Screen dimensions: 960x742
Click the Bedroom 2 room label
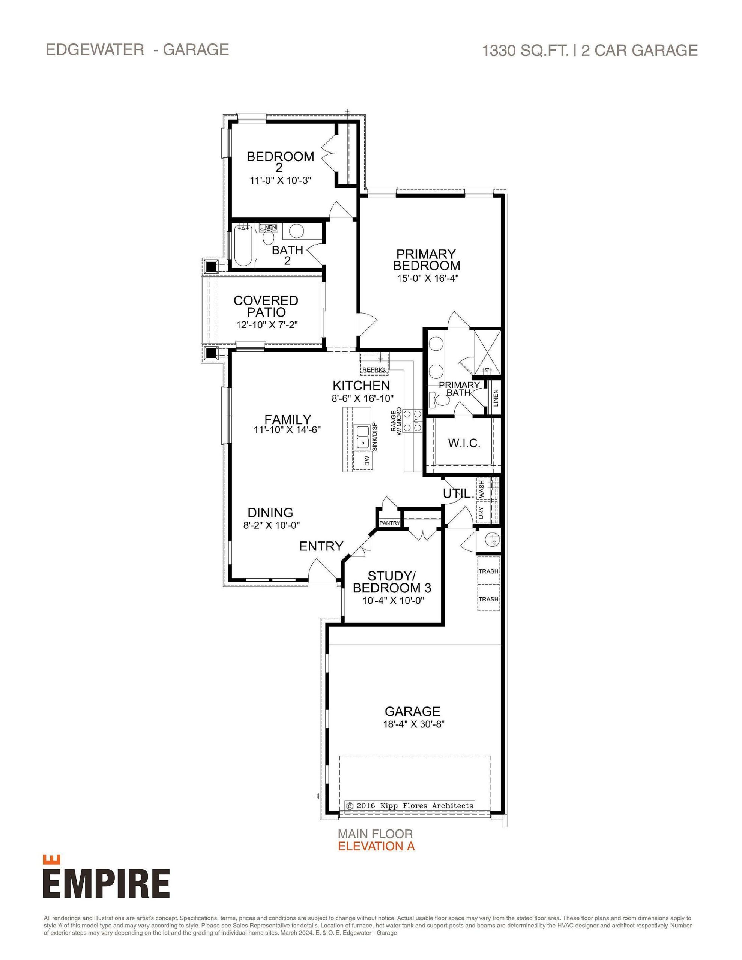tap(280, 161)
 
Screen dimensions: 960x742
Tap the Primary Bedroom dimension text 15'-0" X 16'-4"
tap(428, 278)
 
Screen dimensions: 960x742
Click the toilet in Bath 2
tap(268, 237)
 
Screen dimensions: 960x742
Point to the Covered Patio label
tap(266, 306)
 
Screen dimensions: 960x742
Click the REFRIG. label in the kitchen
tap(374, 369)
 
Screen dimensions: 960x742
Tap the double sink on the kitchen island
tap(362, 436)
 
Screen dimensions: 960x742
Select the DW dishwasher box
tap(367, 460)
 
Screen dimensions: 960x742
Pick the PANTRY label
tap(389, 523)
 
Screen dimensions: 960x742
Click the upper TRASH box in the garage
tap(488, 571)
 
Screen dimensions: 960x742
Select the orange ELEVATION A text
tap(376, 846)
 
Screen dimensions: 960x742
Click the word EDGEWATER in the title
tap(95, 49)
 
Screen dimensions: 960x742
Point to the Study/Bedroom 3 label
tap(392, 582)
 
